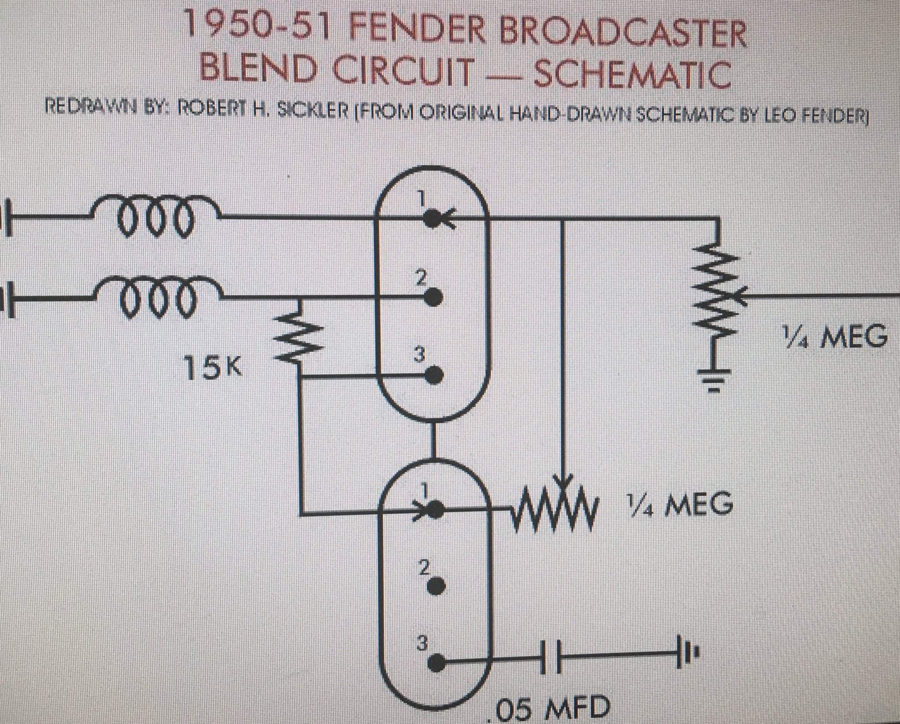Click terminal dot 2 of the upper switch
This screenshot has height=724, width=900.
pos(434,297)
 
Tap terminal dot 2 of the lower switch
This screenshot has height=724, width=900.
pos(437,585)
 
